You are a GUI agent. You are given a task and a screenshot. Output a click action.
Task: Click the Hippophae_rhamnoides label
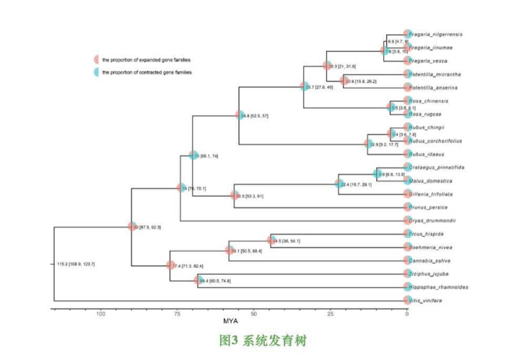point(439,287)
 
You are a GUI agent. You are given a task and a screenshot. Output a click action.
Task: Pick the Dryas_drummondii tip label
point(435,221)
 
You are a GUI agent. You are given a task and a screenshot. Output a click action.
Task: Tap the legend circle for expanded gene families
point(95,59)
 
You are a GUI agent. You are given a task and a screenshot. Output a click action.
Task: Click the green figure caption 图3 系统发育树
point(263,341)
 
